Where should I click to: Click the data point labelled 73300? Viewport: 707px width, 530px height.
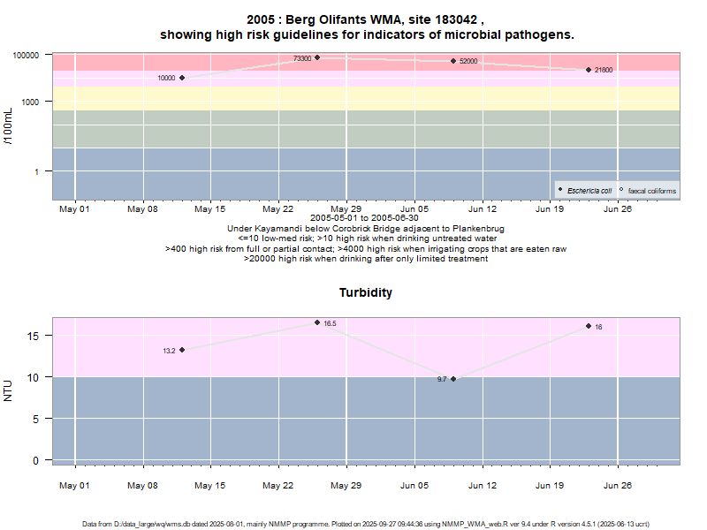[317, 58]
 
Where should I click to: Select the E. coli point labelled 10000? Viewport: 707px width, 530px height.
[182, 78]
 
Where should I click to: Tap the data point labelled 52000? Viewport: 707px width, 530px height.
[453, 61]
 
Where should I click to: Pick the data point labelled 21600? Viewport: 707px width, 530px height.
[589, 70]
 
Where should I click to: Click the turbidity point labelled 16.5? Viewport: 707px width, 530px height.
[317, 322]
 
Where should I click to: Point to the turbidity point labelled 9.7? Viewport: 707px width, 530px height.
[453, 379]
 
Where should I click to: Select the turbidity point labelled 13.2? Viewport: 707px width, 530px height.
[182, 350]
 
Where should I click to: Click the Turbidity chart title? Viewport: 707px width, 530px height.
[366, 292]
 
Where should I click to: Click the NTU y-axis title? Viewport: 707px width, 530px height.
[8, 390]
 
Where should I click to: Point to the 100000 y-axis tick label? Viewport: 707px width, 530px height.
[27, 55]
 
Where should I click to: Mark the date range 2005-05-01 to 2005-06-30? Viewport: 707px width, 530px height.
[366, 217]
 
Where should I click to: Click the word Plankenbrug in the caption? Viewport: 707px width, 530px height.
[476, 228]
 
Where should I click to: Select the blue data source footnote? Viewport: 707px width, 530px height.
[366, 524]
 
